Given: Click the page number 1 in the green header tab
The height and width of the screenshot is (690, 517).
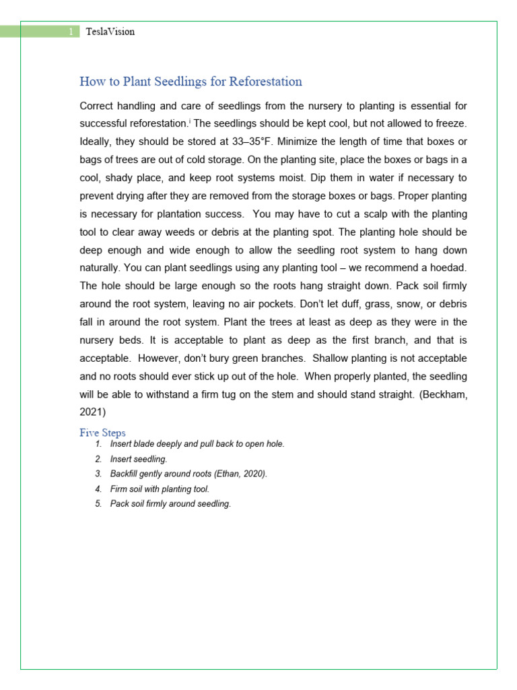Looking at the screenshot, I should pos(71,32).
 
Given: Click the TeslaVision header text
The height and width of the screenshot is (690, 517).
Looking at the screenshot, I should pos(110,32).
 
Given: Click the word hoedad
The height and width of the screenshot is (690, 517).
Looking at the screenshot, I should pos(447,268).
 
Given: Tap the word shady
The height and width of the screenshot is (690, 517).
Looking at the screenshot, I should pos(127,178).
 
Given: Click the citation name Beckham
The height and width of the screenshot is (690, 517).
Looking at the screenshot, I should pos(445,394).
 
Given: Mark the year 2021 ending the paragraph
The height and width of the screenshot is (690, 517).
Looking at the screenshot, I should pos(92,412).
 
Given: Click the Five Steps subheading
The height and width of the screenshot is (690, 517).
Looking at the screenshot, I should pos(102,433).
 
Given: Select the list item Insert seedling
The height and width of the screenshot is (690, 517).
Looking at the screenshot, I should pos(139,459).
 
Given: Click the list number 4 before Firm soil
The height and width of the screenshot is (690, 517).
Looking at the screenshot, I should pos(98,489).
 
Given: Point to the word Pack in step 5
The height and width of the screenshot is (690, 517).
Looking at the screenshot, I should pos(120,504).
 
